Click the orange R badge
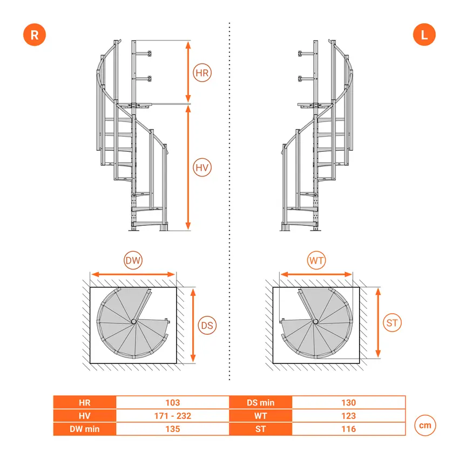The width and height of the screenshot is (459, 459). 35,35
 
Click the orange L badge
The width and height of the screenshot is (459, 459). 424,35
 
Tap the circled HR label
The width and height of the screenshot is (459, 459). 202,72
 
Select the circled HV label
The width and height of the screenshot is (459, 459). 202,167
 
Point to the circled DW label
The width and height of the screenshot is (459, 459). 133,260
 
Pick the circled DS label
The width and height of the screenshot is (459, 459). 207,325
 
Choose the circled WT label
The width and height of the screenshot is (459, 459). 316,260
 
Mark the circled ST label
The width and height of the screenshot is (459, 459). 392,322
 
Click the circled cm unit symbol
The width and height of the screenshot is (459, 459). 425,426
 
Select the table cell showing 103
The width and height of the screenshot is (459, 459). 173,402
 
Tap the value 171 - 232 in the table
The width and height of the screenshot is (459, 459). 173,416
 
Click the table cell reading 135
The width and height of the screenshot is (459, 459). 173,429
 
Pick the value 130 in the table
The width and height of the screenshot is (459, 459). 349,402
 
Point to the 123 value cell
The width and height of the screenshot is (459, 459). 349,416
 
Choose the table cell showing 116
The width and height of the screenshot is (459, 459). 349,429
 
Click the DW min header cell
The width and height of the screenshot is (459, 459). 85,429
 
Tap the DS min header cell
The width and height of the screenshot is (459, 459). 260,402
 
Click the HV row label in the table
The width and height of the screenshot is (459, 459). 85,416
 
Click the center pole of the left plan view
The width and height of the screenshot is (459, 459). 134,321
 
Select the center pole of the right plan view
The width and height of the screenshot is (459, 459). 315,321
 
